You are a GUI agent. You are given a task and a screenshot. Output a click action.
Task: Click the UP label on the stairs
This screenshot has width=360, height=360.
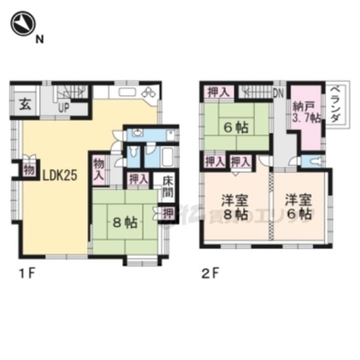click(x=63, y=106)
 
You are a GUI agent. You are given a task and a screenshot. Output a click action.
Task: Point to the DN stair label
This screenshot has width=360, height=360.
click(x=278, y=92)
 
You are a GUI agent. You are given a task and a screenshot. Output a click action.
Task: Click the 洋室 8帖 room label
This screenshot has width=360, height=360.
click(x=234, y=208)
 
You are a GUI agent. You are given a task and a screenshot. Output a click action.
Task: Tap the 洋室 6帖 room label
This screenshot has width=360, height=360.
click(x=299, y=208)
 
